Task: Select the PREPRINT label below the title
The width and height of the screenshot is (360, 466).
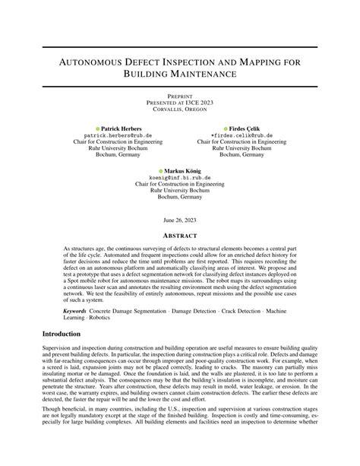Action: (x=179, y=97)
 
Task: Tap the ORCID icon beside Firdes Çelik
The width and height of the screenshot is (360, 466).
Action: (x=226, y=128)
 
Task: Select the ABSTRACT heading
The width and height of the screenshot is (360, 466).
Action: (x=179, y=235)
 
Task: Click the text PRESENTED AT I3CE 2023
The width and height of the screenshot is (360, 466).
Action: (x=179, y=103)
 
